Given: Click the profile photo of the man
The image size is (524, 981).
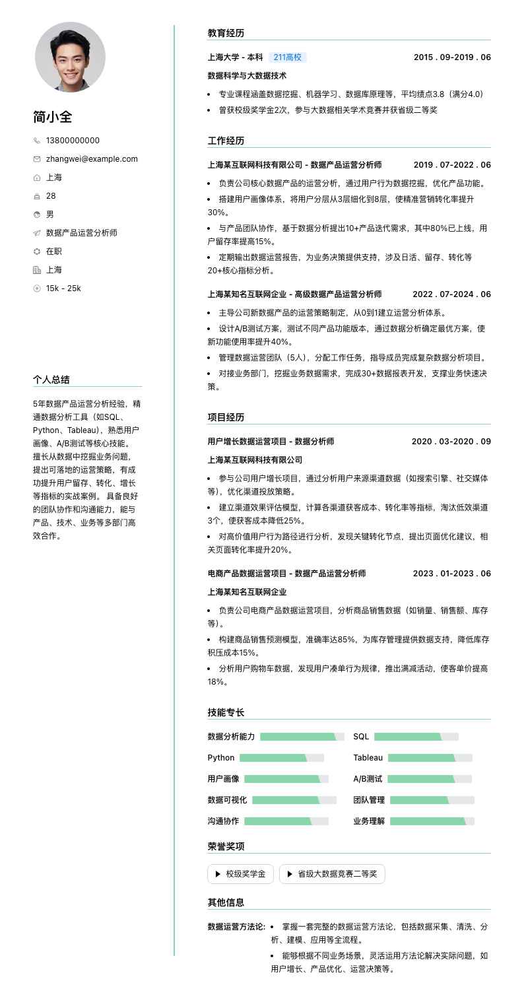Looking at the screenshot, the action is click(x=70, y=57).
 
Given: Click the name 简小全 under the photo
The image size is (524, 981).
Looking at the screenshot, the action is click(x=53, y=117).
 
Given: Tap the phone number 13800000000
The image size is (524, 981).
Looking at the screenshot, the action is click(x=73, y=141).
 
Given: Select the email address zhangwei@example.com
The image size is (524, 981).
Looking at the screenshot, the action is click(x=92, y=159).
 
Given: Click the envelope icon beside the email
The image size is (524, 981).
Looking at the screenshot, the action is click(x=37, y=159).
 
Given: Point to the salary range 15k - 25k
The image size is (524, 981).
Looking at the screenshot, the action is click(x=63, y=288).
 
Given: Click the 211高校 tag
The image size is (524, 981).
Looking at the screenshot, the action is click(x=287, y=57).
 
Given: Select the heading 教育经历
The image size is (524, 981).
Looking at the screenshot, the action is click(x=226, y=33).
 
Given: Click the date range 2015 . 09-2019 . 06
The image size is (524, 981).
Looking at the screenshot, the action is click(x=452, y=57).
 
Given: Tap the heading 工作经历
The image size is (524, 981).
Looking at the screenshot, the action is click(x=226, y=141).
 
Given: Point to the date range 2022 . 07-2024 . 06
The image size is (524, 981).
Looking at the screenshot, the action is click(x=452, y=294).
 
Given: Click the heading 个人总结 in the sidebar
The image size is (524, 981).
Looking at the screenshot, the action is click(x=51, y=380).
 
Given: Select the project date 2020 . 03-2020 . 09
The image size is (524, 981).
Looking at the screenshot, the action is click(x=451, y=442).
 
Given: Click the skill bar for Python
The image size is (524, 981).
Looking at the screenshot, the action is click(x=282, y=758).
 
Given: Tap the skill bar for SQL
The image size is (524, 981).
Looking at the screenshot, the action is click(x=416, y=737).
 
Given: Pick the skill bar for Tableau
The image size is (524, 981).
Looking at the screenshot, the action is click(x=430, y=758).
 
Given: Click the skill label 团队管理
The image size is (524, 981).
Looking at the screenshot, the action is click(x=369, y=800).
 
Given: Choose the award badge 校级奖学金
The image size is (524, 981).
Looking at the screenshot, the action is click(x=240, y=874).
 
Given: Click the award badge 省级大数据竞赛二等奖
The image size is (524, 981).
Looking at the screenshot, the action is click(x=332, y=874).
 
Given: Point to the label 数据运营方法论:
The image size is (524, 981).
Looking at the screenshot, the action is click(x=236, y=927).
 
